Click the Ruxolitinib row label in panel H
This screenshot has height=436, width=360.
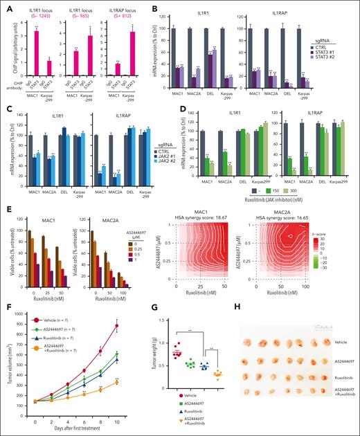coord(340,381)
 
